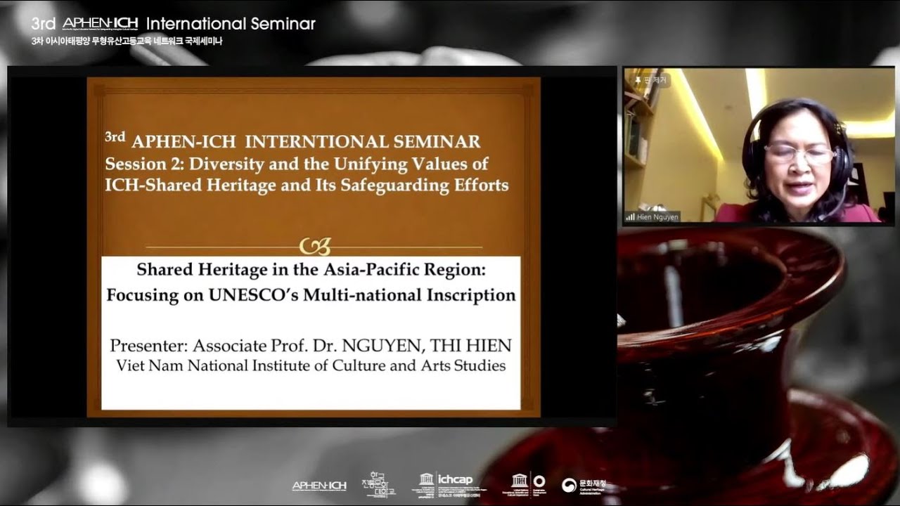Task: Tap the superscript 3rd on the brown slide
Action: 115,136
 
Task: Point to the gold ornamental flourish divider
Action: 314,247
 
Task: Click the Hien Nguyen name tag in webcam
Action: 652,217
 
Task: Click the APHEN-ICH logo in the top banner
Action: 100,23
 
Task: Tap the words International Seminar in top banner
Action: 231,23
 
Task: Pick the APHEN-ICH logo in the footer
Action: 319,486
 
